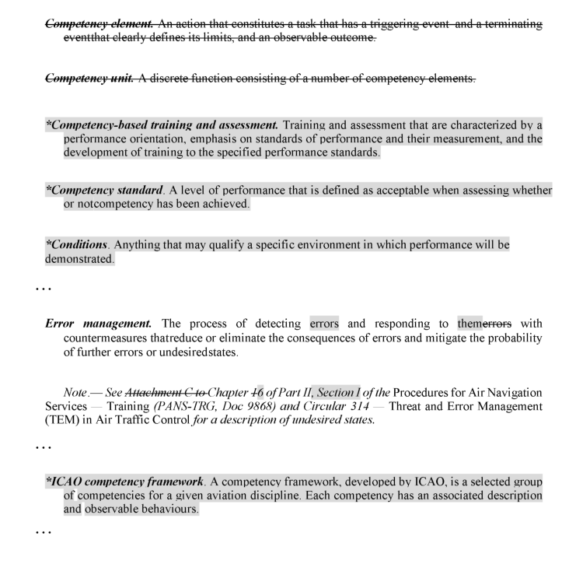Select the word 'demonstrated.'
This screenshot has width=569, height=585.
click(x=75, y=258)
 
